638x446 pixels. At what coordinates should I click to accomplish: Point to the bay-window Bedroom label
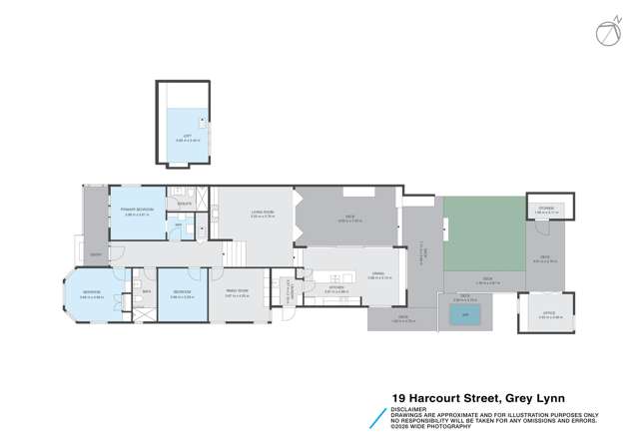click(x=91, y=293)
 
